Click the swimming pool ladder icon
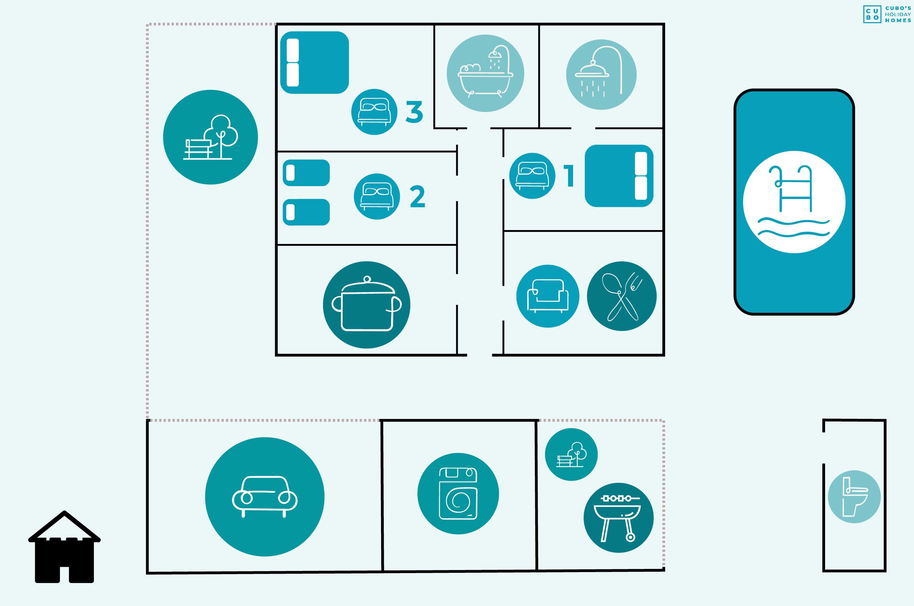tap(794, 202)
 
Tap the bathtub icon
tap(486, 73)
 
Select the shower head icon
tap(602, 75)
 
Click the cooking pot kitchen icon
tap(367, 305)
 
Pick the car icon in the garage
tap(265, 497)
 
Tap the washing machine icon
tap(458, 494)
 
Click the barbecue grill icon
tap(618, 518)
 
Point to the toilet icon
tap(854, 496)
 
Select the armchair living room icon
tap(548, 296)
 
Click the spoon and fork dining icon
tap(622, 296)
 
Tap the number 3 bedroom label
tap(414, 112)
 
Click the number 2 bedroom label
tap(417, 196)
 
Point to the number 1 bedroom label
tap(569, 176)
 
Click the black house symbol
tap(65, 546)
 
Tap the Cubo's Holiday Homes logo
tap(887, 14)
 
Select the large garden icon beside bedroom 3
tap(210, 137)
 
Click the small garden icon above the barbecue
tap(571, 454)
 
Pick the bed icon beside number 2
tap(377, 196)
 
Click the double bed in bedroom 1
tap(619, 176)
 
